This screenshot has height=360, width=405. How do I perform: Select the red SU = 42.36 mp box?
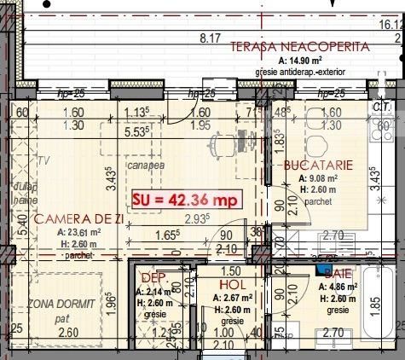(186, 200)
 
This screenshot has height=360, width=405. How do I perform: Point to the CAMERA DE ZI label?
(78, 219)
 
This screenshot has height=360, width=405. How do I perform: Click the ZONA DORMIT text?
(61, 305)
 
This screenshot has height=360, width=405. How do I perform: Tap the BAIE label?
(338, 272)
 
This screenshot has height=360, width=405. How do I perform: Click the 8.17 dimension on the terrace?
(210, 38)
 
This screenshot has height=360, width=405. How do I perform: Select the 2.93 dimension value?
(198, 219)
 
